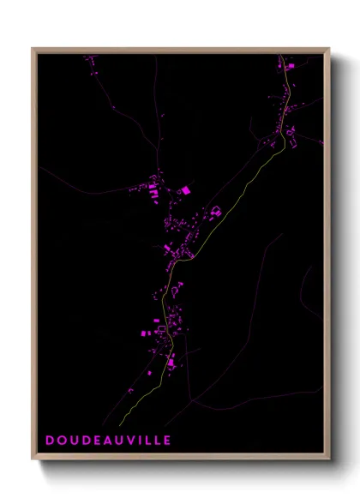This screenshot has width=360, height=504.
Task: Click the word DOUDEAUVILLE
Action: (109, 441)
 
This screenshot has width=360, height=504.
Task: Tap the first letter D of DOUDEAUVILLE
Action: (51, 441)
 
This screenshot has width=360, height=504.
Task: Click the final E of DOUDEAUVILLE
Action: (167, 441)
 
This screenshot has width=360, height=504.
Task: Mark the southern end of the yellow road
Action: (119, 423)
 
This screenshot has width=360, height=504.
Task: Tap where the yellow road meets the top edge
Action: (282, 56)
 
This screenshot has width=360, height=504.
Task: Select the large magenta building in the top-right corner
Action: (290, 65)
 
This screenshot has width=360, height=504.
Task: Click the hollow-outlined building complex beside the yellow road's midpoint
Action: (216, 211)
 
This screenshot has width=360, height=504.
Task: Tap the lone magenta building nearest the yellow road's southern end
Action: (131, 390)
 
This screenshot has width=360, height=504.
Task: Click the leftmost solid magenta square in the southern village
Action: (141, 332)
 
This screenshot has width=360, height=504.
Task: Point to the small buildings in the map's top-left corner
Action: (89, 60)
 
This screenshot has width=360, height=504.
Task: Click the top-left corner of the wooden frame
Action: (33, 49)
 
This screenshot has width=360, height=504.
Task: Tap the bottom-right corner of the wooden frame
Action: (329, 459)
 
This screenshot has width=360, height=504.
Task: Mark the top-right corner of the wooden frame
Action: (329, 49)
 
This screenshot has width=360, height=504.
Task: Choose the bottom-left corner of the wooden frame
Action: (33, 459)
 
